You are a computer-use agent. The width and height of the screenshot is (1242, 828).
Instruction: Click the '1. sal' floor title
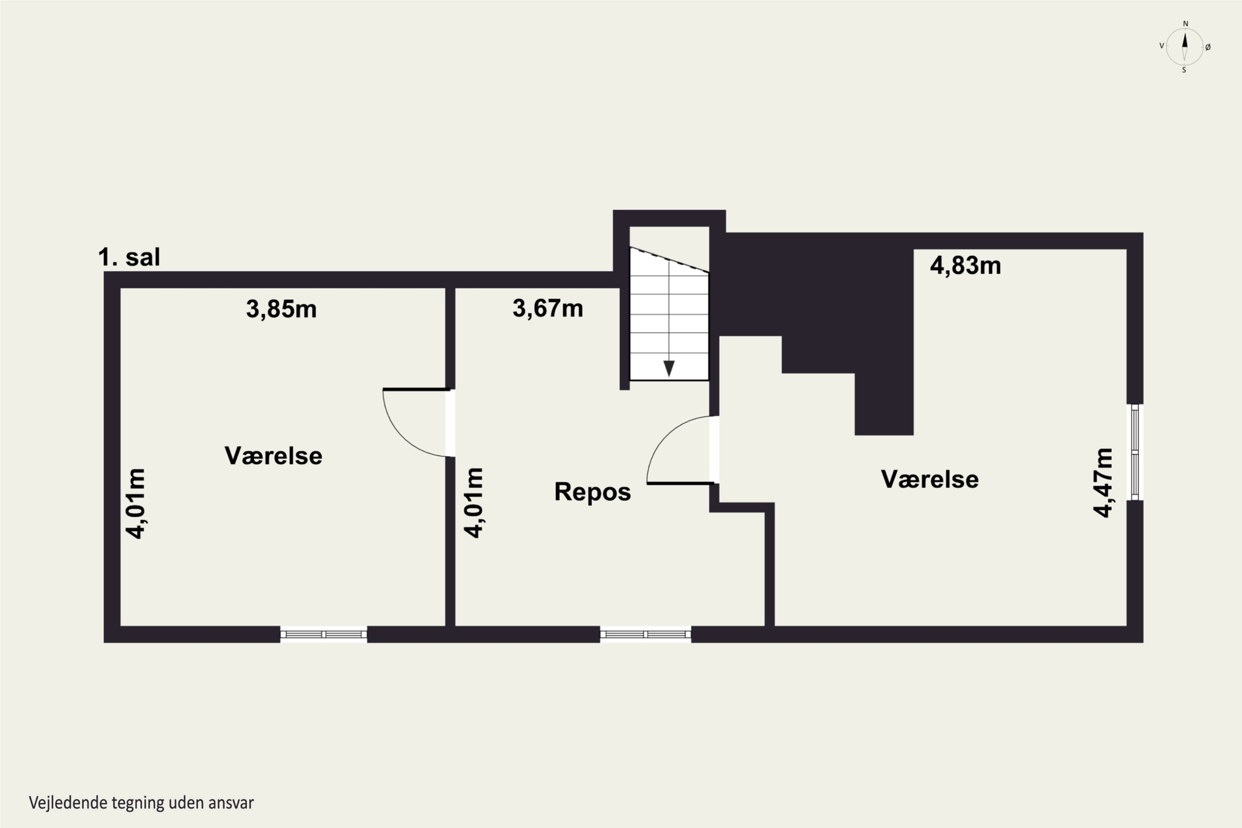pos(129,257)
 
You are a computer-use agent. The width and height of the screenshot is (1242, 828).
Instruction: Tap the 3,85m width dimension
pos(282,309)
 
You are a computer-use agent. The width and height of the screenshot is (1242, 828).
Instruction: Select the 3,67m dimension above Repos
pos(548,308)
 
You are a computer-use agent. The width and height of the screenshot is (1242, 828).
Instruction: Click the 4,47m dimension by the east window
pos(1103,483)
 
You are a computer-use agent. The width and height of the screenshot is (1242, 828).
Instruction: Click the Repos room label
pos(592,492)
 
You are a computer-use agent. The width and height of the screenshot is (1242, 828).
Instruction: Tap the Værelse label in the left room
pos(274,456)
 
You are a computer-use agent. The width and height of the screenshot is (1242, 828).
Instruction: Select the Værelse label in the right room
pos(930,479)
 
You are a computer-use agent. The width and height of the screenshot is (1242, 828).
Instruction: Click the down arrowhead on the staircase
pos(669,368)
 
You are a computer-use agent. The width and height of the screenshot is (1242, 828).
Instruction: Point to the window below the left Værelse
pos(324,634)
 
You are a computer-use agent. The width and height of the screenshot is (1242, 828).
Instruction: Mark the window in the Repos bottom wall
pos(645,634)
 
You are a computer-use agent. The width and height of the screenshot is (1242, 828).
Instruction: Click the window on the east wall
pos(1135,452)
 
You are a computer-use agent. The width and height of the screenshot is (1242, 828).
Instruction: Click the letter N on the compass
pos(1186,24)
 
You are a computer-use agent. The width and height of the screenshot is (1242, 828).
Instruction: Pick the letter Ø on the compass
pos(1208,48)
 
